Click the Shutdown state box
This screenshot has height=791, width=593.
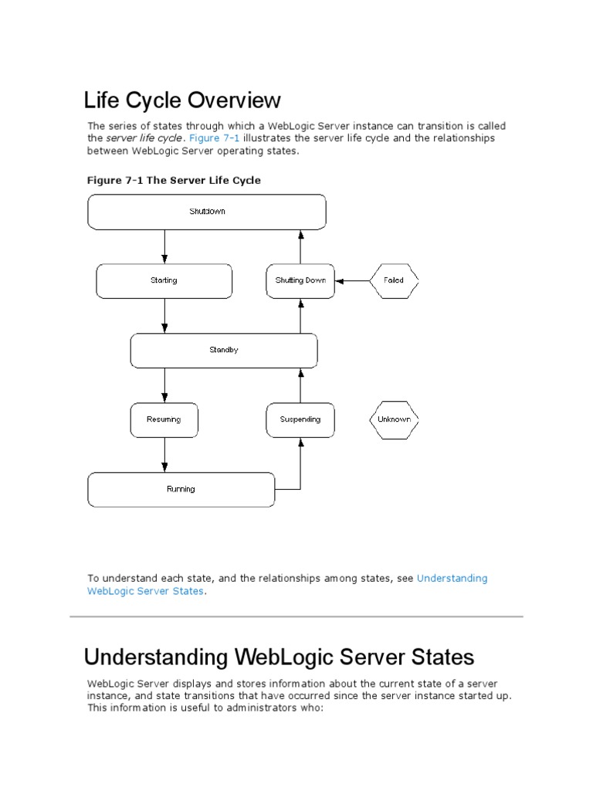[x=207, y=212]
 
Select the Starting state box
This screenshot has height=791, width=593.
[x=164, y=280]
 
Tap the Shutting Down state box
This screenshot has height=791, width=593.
[x=300, y=280]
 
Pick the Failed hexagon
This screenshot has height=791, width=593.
[x=394, y=280]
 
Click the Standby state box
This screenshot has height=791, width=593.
[x=224, y=350]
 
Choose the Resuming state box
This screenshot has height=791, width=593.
[x=164, y=419]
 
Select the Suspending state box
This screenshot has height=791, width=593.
[x=300, y=419]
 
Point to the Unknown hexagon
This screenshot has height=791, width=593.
[x=394, y=419]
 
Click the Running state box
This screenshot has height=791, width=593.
[x=181, y=489]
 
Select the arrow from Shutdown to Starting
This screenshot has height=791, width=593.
[x=164, y=246]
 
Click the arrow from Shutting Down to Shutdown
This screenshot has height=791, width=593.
[x=300, y=246]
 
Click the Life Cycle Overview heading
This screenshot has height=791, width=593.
[x=182, y=100]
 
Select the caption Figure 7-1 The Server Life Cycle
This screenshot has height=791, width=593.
[x=174, y=180]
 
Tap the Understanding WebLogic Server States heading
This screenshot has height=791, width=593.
[x=279, y=657]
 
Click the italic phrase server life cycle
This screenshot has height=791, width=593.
[x=144, y=138]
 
